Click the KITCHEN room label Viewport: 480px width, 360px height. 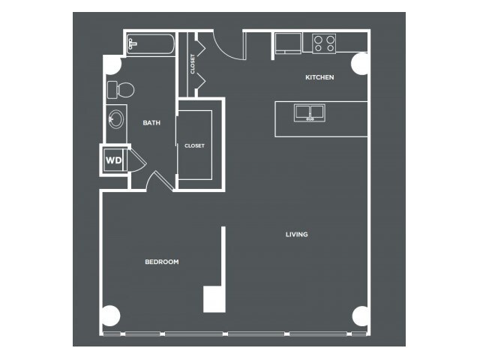[x=319, y=77]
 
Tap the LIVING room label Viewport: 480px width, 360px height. [x=297, y=235]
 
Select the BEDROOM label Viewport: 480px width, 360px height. [x=162, y=262]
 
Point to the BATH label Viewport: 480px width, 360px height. [x=151, y=123]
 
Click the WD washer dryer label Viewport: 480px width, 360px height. [x=113, y=160]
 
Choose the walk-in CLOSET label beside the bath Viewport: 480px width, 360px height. [x=194, y=146]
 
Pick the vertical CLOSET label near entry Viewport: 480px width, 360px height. [x=193, y=64]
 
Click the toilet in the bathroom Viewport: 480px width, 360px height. [x=121, y=90]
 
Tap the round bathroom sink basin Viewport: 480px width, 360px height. [x=116, y=119]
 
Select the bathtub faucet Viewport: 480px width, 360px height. [x=132, y=44]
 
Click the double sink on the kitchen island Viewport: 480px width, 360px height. [x=310, y=112]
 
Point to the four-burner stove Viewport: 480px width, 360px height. [x=324, y=43]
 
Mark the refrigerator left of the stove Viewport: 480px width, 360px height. [x=288, y=43]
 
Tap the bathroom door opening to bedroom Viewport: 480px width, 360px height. [x=159, y=181]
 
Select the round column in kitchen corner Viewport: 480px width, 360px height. [x=359, y=64]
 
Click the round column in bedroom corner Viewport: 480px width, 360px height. [x=110, y=316]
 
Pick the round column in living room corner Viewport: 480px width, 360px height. [x=360, y=316]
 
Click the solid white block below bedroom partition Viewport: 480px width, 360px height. [x=214, y=299]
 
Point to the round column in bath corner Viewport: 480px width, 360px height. [x=112, y=65]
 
